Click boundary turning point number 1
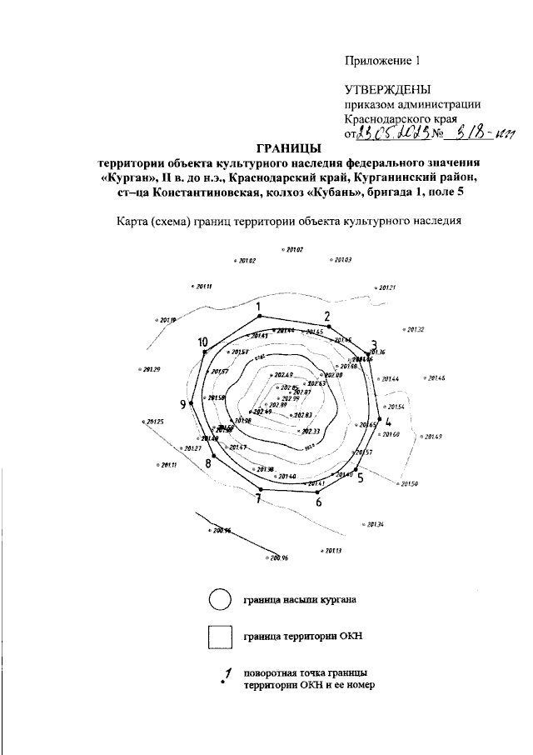click(259, 317)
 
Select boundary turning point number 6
click(316, 492)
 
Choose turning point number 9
click(192, 402)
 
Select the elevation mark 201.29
click(150, 370)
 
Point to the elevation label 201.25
click(154, 422)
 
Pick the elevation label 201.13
click(332, 551)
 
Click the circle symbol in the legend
click(219, 600)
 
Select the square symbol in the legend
click(219, 637)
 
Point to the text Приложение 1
click(384, 60)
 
